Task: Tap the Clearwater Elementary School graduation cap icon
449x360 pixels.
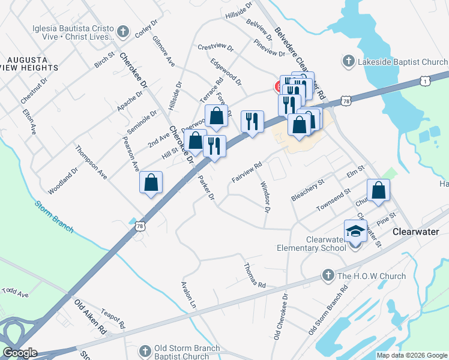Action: [x=355, y=230]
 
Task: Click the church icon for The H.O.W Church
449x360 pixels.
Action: [x=328, y=276]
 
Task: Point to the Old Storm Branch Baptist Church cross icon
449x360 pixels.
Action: [x=144, y=350]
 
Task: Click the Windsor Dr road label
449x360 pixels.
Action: [x=264, y=198]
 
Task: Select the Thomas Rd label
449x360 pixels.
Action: [x=254, y=275]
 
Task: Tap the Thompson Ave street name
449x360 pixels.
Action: [x=91, y=162]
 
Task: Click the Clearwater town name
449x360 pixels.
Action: [x=416, y=232]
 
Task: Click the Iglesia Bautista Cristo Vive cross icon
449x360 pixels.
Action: [x=122, y=31]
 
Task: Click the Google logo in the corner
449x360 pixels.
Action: [x=20, y=353]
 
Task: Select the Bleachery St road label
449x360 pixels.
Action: [x=307, y=188]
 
